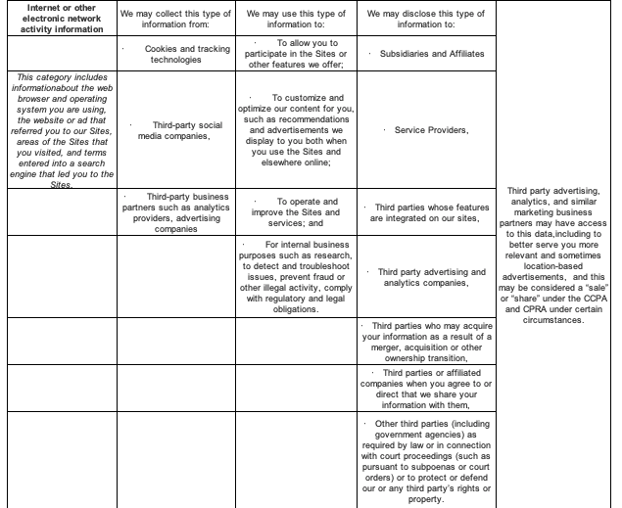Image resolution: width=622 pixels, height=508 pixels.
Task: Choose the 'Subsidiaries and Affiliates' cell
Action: pyautogui.click(x=427, y=52)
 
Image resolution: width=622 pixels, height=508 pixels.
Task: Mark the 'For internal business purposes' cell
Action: pyautogui.click(x=298, y=276)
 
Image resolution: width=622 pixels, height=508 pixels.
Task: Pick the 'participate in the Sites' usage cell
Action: pyautogui.click(x=298, y=52)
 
